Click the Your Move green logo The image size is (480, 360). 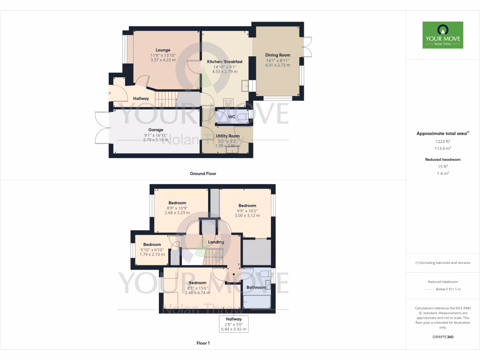(x=442, y=35)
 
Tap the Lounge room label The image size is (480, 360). (x=163, y=50)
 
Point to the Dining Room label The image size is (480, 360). (x=278, y=55)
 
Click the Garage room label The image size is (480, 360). (x=156, y=130)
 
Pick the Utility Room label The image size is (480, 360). (x=227, y=136)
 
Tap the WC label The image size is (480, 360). (x=231, y=117)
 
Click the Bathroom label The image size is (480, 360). (x=256, y=287)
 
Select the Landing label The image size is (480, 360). (x=216, y=242)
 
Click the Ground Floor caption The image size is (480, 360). (x=203, y=173)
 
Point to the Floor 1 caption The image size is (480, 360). (x=203, y=343)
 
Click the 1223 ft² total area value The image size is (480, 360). (x=442, y=141)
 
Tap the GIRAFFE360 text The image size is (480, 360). (x=442, y=337)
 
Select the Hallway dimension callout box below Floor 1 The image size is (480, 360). (x=234, y=324)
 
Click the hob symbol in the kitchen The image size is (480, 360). (x=229, y=102)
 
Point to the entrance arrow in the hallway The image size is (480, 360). (x=110, y=93)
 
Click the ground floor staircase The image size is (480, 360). (x=166, y=99)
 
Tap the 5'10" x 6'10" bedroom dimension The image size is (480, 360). (x=152, y=250)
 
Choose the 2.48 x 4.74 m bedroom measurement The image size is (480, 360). (x=197, y=293)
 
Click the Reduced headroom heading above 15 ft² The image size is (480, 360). (x=442, y=159)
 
